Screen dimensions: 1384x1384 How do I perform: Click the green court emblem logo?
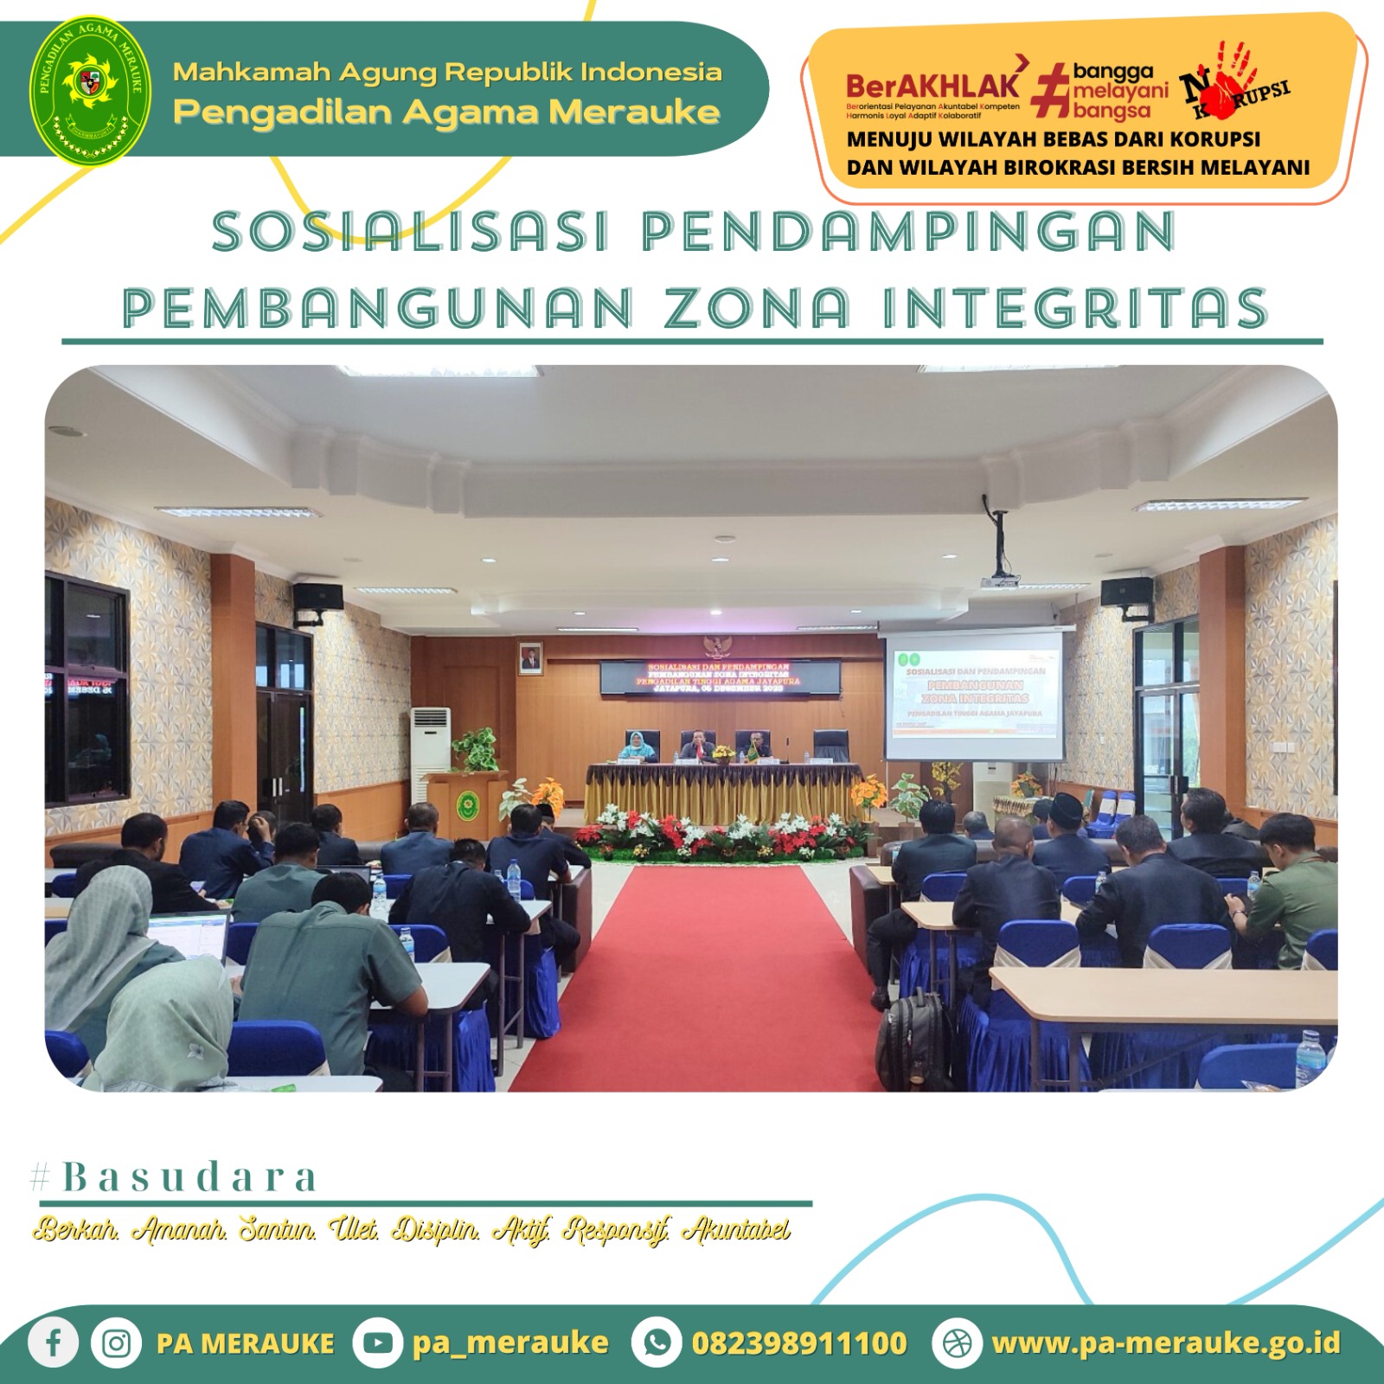pyautogui.click(x=91, y=89)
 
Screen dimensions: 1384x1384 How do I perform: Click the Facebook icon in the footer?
pyautogui.click(x=54, y=1342)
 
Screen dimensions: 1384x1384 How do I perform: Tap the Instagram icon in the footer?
pyautogui.click(x=116, y=1342)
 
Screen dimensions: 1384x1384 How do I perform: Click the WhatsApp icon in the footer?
pyautogui.click(x=657, y=1342)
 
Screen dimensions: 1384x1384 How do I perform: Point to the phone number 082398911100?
pyautogui.click(x=798, y=1342)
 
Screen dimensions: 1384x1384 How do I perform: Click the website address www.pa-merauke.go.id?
pyautogui.click(x=1166, y=1342)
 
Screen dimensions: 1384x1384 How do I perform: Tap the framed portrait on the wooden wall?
pyautogui.click(x=530, y=659)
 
